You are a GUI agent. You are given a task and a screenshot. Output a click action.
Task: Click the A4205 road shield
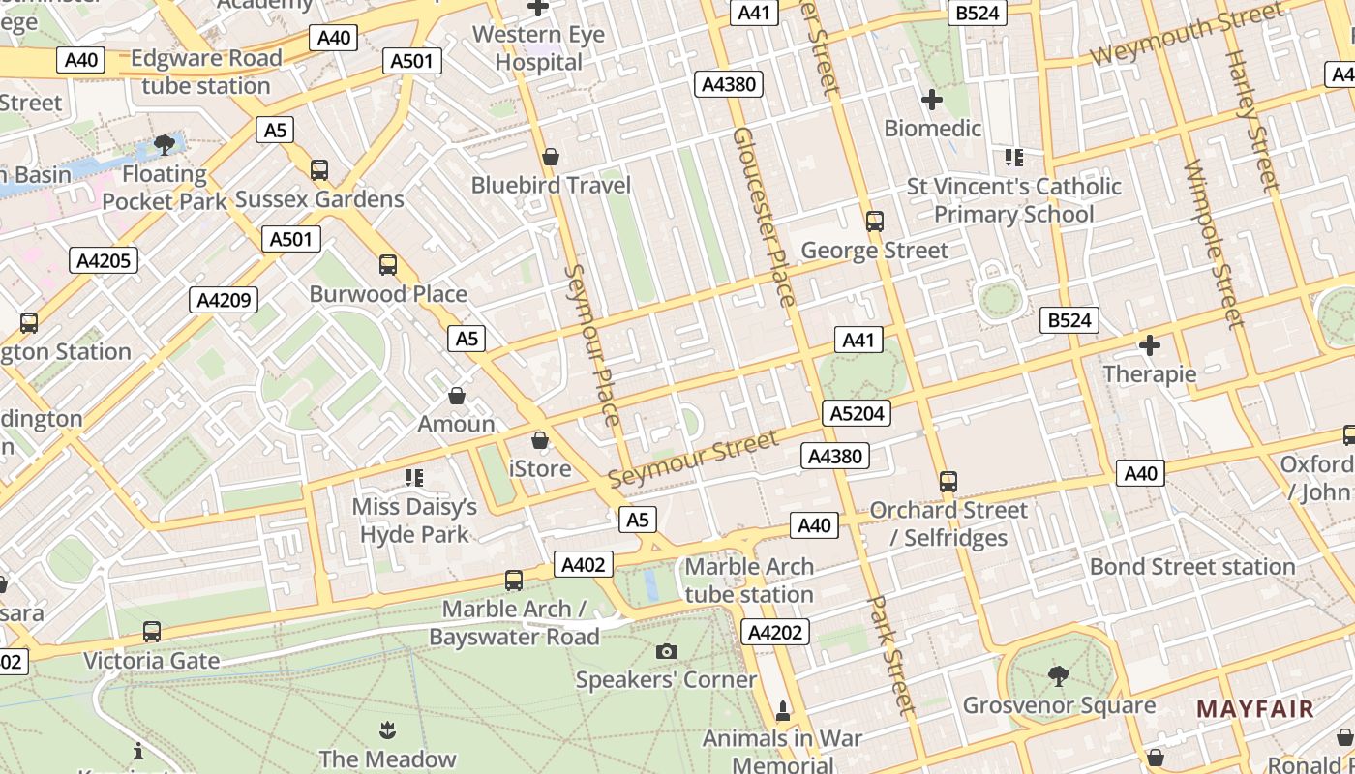tap(104, 260)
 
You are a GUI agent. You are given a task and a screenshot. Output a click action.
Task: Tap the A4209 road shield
tap(224, 300)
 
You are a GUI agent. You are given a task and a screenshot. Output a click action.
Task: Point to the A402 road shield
tap(584, 565)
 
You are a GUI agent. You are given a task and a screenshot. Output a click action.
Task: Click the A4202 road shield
tap(775, 633)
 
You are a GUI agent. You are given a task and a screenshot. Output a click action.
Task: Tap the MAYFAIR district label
tap(1255, 709)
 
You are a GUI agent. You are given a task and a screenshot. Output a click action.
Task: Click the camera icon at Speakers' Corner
tap(666, 651)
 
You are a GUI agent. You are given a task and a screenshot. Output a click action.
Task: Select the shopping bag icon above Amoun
tap(457, 396)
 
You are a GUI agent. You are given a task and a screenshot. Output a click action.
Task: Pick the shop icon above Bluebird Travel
tap(551, 157)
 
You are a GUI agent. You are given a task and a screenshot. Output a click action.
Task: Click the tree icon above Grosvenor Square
tap(1059, 676)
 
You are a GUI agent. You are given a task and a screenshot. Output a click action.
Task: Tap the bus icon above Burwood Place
tap(388, 265)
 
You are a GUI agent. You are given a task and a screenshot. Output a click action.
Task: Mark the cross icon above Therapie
tap(1150, 345)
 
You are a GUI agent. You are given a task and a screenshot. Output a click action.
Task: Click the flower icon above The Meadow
tap(387, 729)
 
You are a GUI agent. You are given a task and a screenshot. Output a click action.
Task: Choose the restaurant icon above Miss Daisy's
tap(414, 478)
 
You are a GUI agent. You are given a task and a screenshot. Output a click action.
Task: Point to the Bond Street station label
tap(1192, 567)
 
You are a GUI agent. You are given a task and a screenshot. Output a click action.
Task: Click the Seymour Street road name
tap(693, 460)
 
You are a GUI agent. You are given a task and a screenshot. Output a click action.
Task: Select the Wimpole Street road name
tap(1212, 243)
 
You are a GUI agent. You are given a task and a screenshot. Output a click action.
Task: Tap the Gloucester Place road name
tap(764, 217)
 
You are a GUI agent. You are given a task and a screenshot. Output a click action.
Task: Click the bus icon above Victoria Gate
tap(151, 632)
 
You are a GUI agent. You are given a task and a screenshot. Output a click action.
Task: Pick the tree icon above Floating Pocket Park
tap(165, 146)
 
